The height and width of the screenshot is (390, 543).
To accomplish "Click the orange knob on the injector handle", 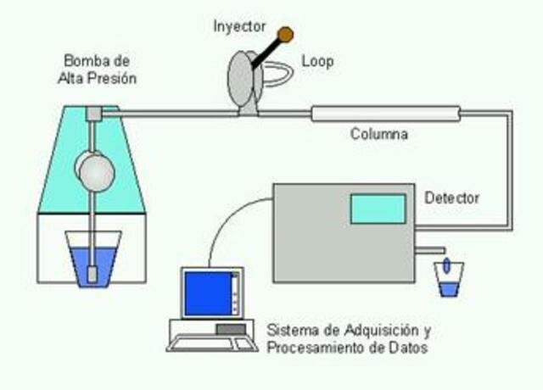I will (x=286, y=34).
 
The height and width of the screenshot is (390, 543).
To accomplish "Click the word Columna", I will (x=379, y=134).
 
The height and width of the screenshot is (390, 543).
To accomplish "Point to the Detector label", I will (x=451, y=198).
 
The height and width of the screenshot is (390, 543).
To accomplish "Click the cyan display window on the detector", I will (x=378, y=209).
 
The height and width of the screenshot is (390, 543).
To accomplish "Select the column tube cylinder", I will (x=385, y=114).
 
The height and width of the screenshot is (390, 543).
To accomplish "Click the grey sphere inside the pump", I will (x=96, y=170).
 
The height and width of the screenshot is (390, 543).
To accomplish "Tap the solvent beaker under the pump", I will (x=93, y=258).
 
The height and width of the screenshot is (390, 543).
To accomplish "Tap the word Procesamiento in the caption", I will (x=309, y=347).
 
